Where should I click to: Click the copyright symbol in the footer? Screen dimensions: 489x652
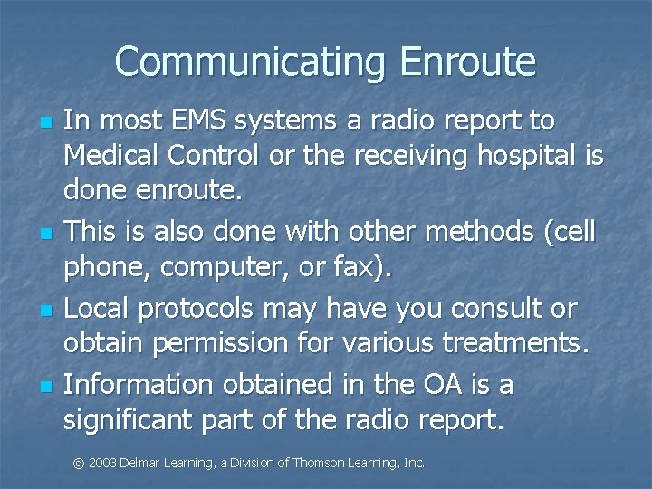click(x=79, y=464)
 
